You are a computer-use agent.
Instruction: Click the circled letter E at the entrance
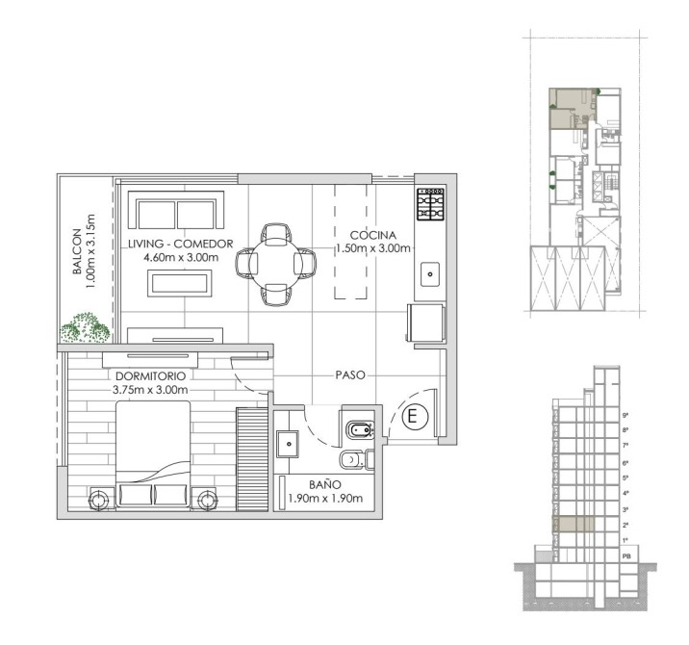pos(412,416)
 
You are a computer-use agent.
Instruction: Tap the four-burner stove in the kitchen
pos(431,204)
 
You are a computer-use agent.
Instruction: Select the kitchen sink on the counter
pos(430,274)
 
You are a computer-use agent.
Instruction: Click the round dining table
pos(275,264)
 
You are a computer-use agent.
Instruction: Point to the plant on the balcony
pos(85,327)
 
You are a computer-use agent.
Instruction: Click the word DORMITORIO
pos(150,376)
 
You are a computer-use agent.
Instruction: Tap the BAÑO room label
pos(325,484)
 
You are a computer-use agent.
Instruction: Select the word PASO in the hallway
pos(350,375)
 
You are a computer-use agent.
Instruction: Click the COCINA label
pos(373,235)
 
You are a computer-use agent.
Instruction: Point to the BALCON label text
pos(77,251)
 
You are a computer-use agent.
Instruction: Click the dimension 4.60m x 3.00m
pos(181,257)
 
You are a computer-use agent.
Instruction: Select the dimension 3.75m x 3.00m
pos(150,390)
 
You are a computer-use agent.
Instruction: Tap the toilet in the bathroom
pos(356,460)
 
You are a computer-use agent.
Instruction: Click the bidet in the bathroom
pos(360,430)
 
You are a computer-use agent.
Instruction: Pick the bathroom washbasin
pos(288,444)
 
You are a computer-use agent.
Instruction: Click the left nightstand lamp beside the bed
pos(98,500)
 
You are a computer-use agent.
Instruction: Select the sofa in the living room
pos(176,211)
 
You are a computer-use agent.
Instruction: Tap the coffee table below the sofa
pos(180,283)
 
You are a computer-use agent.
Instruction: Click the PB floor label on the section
pos(626,556)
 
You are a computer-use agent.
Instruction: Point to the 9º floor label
pos(625,415)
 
